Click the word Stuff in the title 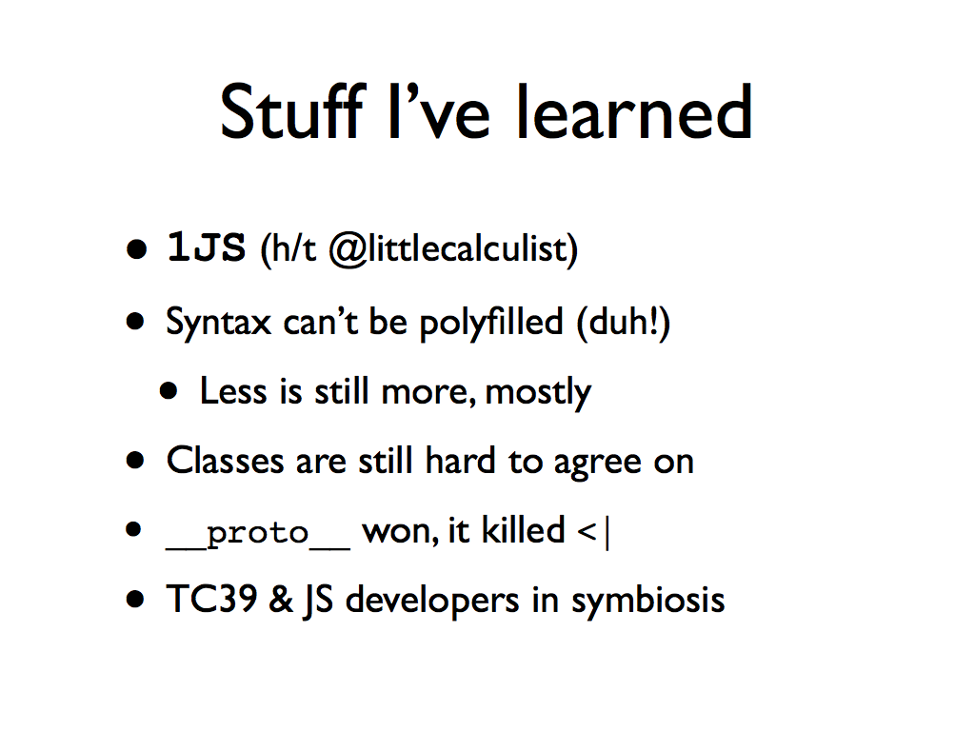291,111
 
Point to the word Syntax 218,323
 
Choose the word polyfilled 490,323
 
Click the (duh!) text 624,323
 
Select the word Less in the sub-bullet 233,391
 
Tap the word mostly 538,393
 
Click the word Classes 225,461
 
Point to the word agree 588,464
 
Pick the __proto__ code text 257,534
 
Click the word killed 523,530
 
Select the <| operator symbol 593,532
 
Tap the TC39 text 211,600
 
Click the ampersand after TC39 281,600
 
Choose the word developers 432,602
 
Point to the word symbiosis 647,602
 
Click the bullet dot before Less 169,391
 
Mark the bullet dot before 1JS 136,249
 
